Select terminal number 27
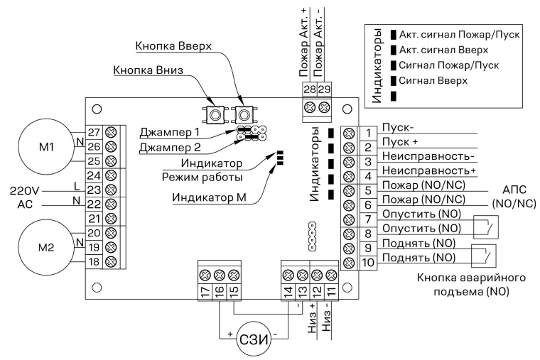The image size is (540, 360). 94,132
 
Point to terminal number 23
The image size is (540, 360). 94,190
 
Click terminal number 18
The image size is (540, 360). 94,261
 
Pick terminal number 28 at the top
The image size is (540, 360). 310,89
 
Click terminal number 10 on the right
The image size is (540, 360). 368,263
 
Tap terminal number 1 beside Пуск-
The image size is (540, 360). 368,133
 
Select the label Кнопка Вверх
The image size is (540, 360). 173,45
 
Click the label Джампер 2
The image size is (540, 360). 169,148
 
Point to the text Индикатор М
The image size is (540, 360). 209,197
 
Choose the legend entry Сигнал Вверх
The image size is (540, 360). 433,81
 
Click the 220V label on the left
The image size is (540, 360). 24,190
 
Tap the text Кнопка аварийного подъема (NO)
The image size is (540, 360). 472,285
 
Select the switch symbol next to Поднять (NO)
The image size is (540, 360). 484,256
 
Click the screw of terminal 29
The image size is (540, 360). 324,107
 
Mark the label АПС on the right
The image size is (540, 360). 514,190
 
